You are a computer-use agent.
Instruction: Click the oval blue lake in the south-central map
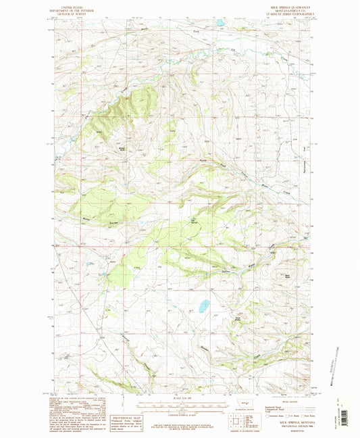tap(203, 307)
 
